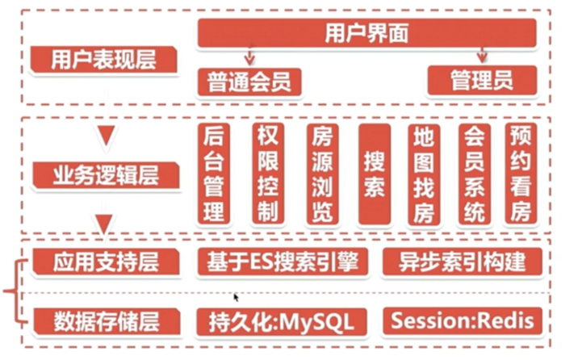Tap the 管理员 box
click(481, 81)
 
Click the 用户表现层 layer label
click(103, 60)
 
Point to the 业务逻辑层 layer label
click(103, 174)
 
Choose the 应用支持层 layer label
click(103, 263)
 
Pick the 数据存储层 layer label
click(103, 320)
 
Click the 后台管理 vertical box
click(214, 174)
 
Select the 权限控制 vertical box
click(266, 174)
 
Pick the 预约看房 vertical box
click(521, 174)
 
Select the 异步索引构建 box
click(462, 262)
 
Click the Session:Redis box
click(462, 320)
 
